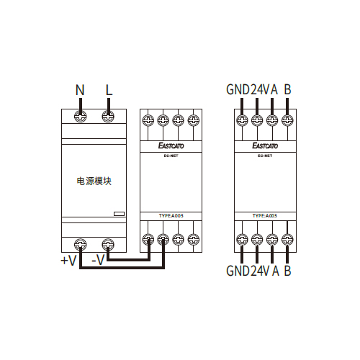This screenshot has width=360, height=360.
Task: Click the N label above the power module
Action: tap(80, 90)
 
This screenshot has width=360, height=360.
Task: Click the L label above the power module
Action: tap(109, 90)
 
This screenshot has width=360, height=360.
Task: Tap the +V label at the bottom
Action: tap(68, 260)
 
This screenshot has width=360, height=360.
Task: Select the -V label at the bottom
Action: tap(98, 260)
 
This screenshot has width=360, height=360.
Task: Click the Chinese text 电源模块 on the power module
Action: tap(94, 181)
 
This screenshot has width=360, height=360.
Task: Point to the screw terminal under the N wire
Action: tap(80, 117)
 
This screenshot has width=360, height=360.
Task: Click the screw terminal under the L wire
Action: tap(108, 117)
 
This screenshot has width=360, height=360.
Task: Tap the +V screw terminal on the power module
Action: tap(80, 245)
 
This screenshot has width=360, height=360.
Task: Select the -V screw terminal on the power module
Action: tap(108, 245)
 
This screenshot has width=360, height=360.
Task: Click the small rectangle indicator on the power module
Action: tap(119, 214)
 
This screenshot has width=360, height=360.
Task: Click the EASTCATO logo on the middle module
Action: tap(171, 145)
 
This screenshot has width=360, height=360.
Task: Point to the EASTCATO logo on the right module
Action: tap(265, 145)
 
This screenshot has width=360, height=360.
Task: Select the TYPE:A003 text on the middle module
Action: tap(171, 216)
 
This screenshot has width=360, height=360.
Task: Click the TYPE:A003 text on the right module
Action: tap(265, 216)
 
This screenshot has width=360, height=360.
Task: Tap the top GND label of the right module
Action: tap(238, 89)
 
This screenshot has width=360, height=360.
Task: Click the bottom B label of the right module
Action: tap(287, 271)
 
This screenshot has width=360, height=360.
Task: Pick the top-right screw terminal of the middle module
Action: tap(194, 120)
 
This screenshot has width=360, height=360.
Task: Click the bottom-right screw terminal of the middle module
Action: tap(194, 239)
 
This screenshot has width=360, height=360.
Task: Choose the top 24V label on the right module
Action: tap(261, 89)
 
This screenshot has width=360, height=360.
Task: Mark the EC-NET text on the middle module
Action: tap(171, 156)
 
